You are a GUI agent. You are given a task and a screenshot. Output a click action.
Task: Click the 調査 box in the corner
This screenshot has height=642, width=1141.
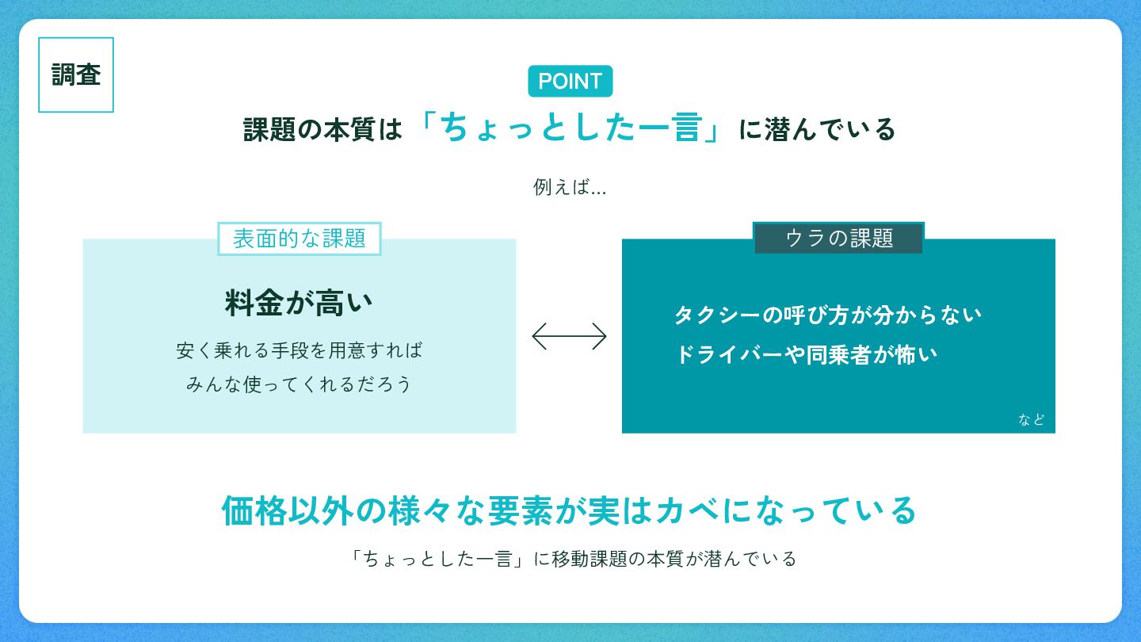(76, 75)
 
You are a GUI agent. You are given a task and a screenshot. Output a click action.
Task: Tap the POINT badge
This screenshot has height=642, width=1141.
(570, 81)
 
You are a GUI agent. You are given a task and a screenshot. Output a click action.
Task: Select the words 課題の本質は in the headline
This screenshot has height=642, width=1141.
(322, 129)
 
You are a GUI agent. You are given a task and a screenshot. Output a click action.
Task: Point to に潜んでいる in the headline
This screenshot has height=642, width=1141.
(817, 129)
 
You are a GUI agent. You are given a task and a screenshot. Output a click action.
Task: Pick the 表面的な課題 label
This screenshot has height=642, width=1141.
(300, 239)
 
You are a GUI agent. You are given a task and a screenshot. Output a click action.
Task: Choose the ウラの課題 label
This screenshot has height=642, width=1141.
(838, 238)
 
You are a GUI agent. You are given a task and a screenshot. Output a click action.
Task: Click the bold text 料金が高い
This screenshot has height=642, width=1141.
(299, 304)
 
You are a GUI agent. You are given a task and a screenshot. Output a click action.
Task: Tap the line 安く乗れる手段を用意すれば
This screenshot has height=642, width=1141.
(300, 350)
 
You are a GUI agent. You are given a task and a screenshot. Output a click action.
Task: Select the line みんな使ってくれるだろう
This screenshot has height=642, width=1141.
(300, 384)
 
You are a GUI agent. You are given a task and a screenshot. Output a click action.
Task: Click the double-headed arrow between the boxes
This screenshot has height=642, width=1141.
(569, 336)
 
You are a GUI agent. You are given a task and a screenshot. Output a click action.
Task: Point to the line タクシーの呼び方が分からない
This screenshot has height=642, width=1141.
(827, 315)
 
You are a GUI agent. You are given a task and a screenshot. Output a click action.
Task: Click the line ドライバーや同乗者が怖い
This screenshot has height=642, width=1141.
(805, 354)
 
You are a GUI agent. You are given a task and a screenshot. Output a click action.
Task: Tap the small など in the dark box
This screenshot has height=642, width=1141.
(1031, 419)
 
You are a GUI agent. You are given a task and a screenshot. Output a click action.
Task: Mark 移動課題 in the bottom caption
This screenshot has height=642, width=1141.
(585, 559)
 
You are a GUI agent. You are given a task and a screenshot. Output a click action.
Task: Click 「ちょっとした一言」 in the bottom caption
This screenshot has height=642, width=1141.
(440, 559)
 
